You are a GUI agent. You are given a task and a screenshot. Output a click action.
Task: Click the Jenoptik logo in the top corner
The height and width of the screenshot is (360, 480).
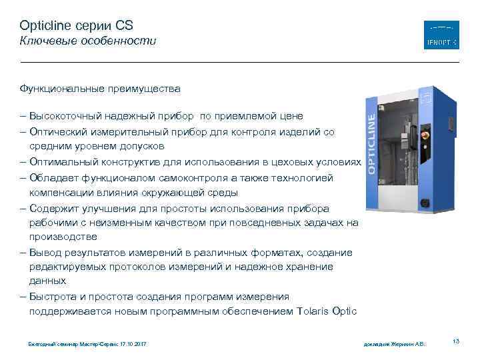pos(441,35)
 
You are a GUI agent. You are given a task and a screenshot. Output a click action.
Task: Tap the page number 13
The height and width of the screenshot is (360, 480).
pos(456,341)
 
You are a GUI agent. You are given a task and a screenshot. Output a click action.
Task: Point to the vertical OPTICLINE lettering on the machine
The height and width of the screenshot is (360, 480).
pos(371,143)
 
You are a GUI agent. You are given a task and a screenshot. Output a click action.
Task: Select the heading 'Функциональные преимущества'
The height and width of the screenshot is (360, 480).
pos(99,88)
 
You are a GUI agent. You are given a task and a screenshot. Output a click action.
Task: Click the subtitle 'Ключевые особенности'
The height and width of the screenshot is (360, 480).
pos(87,41)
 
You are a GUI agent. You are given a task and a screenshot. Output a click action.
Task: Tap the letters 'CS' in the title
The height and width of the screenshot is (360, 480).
pos(124,25)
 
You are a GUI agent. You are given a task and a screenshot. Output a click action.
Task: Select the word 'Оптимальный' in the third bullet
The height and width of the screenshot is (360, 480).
pos(61,162)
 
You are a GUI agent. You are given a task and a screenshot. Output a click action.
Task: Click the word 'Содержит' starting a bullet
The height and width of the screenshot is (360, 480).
pos(51,207)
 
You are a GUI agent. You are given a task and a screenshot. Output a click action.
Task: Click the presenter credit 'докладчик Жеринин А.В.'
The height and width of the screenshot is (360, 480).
pos(394,344)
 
